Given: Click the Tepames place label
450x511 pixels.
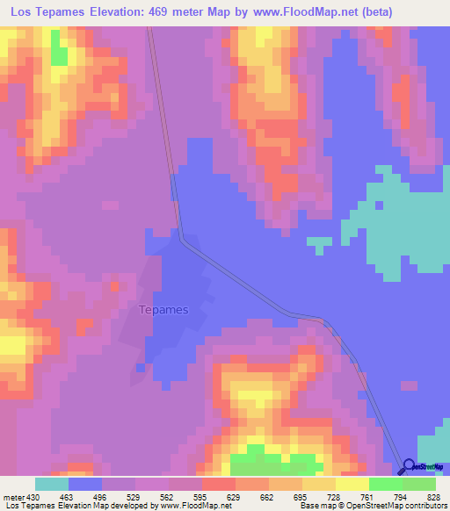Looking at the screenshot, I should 164,309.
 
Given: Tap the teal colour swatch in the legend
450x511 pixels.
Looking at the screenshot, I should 52,484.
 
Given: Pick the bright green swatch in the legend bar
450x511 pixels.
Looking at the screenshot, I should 386,484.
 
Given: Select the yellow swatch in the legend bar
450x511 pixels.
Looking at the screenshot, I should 352,484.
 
